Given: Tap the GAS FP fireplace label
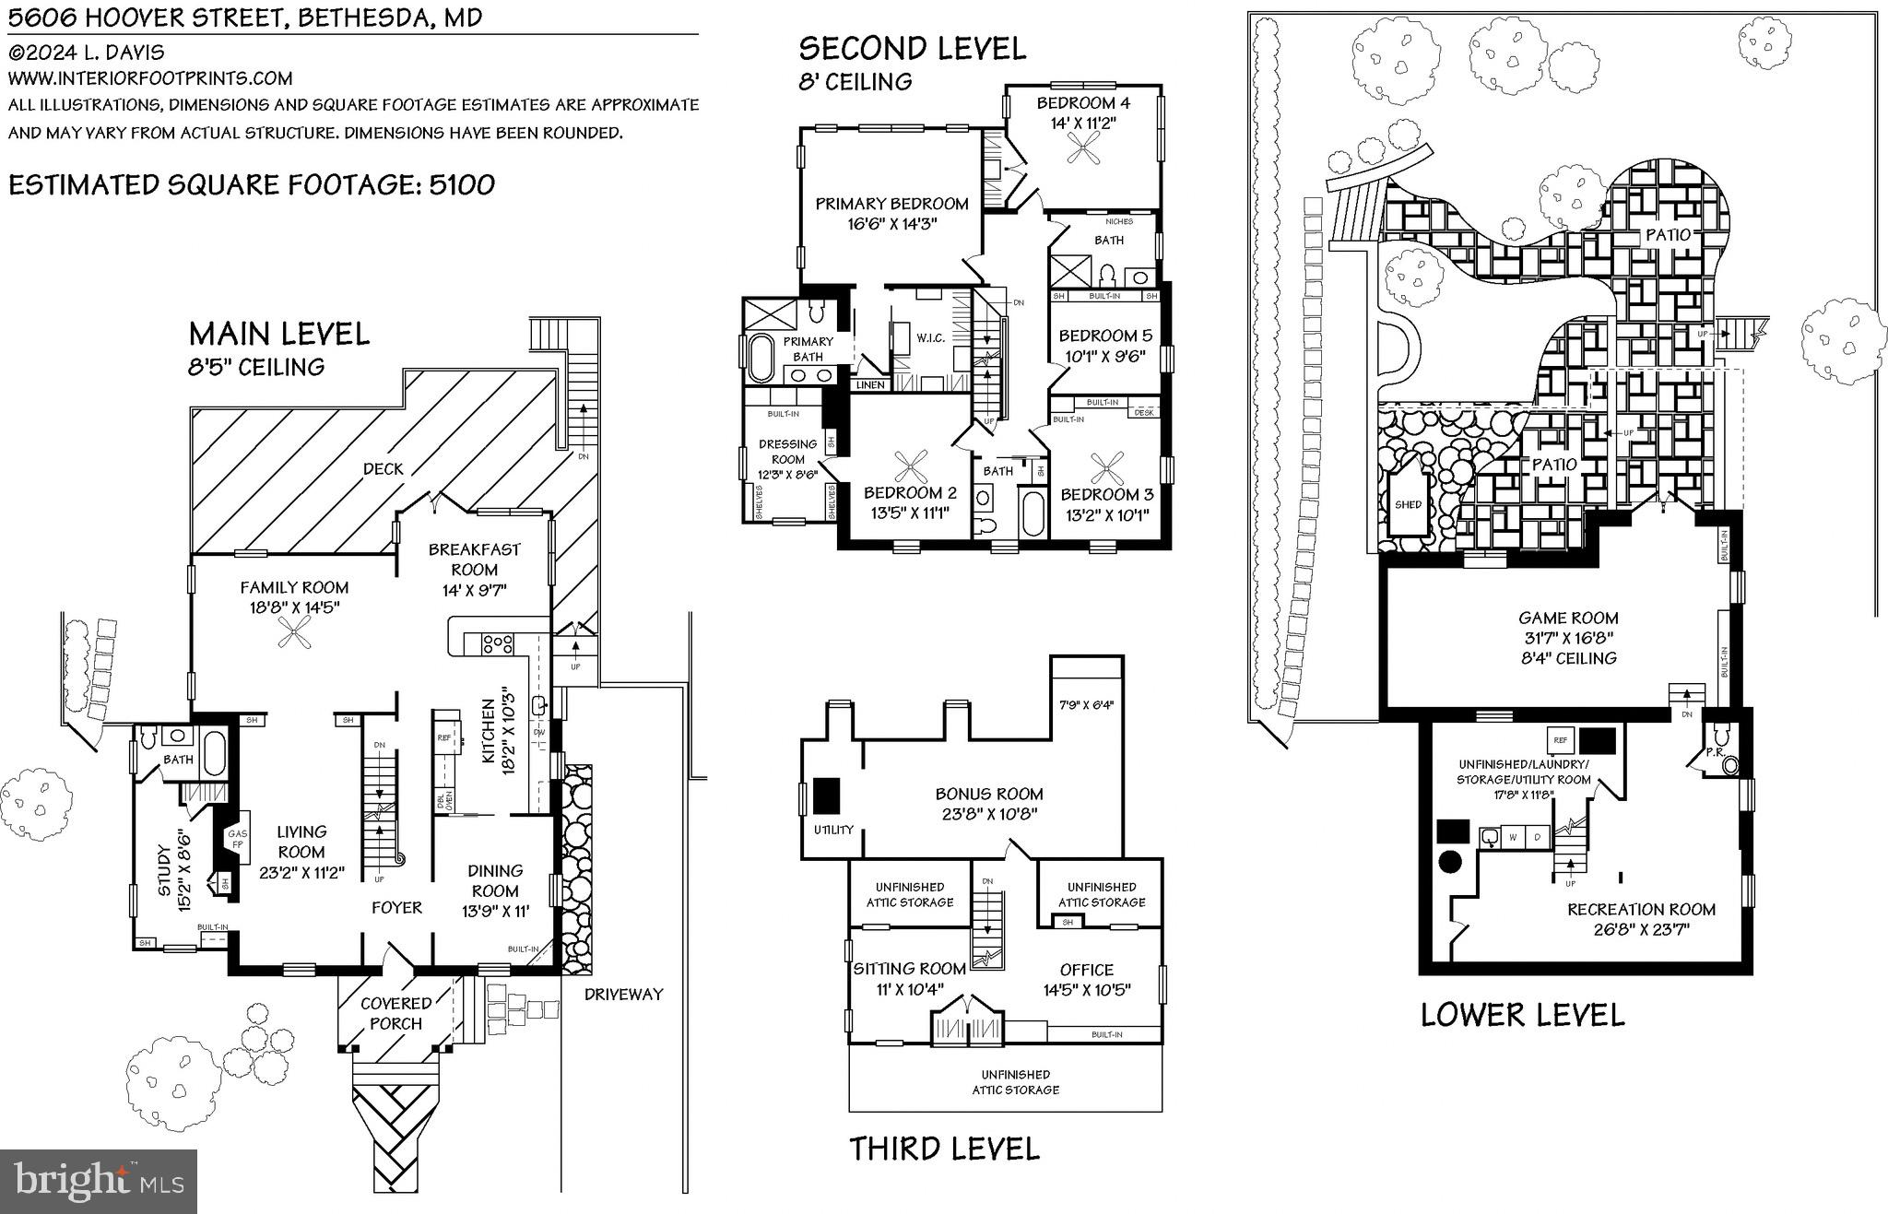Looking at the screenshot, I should (237, 838).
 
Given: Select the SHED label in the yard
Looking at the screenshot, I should (1408, 504).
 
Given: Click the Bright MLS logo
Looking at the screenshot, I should (99, 1181).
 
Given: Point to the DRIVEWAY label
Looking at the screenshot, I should (623, 995).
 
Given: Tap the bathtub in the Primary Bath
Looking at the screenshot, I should (761, 359).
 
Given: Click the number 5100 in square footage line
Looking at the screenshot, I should (460, 184).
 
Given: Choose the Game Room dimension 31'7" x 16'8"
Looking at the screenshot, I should (1567, 638).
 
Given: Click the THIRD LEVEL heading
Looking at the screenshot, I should (943, 1149).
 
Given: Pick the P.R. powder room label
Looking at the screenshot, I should (1715, 752).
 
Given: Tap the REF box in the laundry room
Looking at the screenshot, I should (1560, 740).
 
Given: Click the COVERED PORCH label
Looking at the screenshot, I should (396, 1013).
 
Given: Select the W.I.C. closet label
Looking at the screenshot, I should (930, 338).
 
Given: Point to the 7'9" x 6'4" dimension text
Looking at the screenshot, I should (1086, 705).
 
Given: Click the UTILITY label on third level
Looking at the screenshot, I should (833, 830).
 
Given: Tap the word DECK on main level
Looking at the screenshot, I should (383, 469).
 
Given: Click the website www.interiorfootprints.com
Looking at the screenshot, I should (150, 78).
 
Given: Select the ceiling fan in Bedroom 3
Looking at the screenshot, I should (1104, 467).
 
